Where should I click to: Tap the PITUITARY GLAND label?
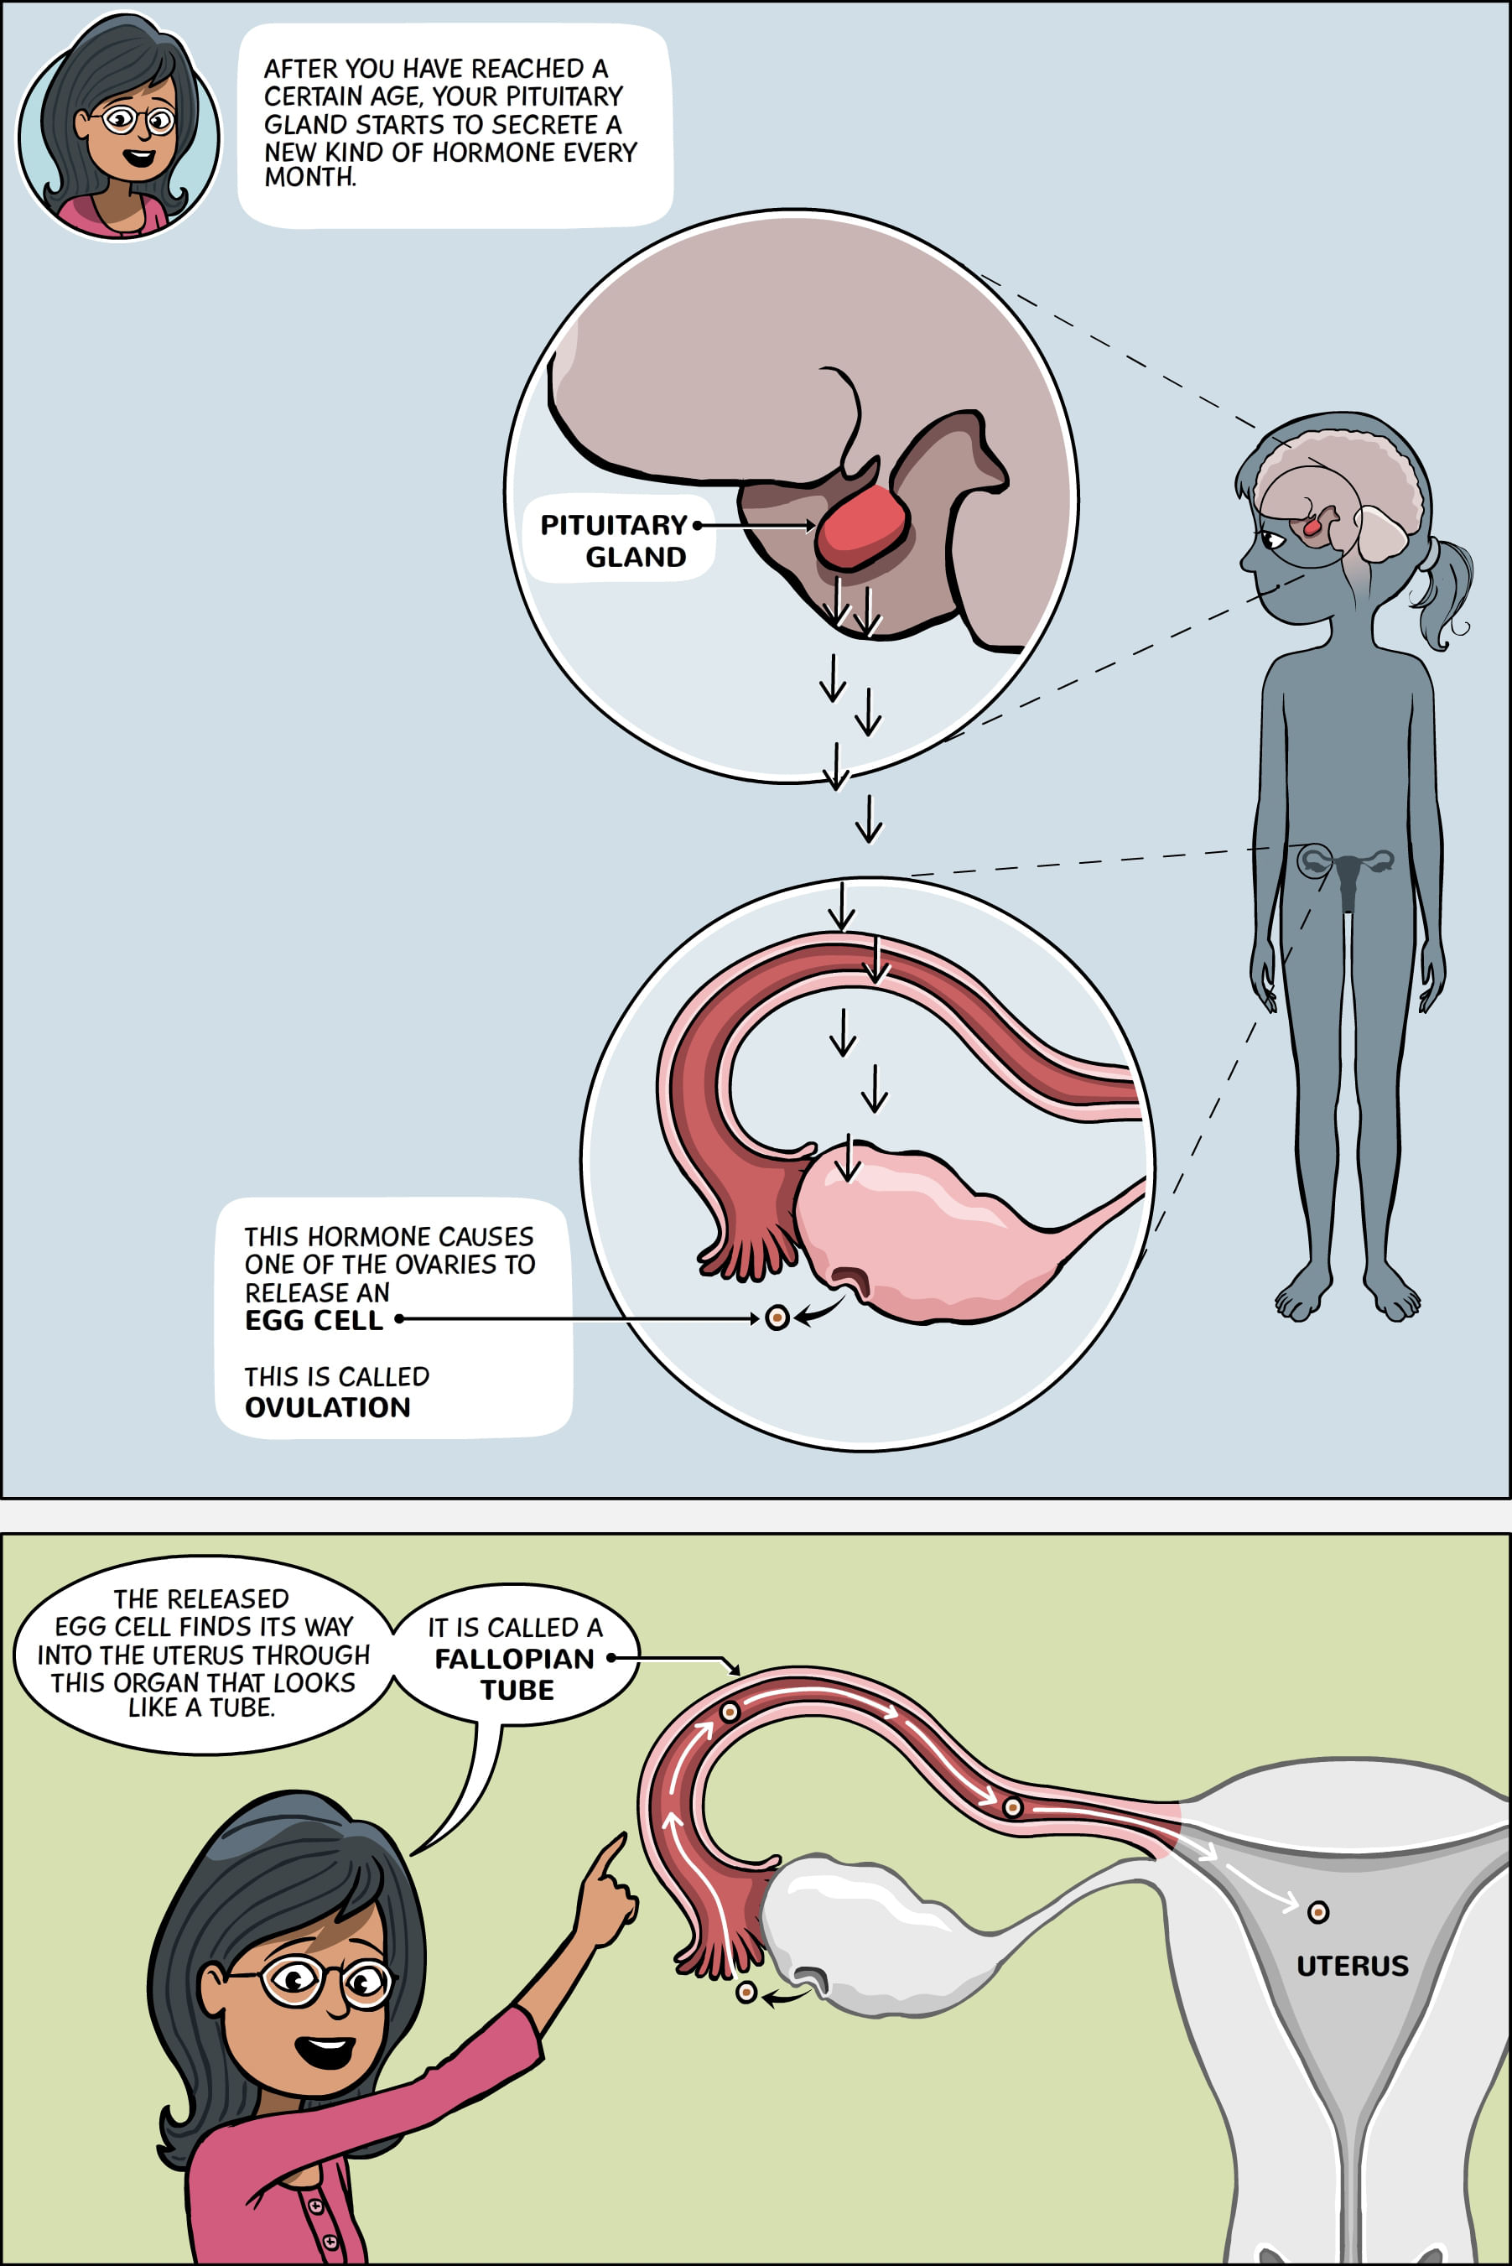point(614,540)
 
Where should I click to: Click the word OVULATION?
point(328,1407)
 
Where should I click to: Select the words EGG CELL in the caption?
point(314,1320)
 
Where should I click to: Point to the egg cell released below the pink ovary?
point(777,1318)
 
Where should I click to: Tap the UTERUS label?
point(1352,1966)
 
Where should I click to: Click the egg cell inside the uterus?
point(1317,1912)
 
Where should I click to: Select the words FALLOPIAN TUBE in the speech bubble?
point(515,1674)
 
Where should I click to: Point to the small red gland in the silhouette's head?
point(1312,528)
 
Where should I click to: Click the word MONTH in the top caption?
point(309,179)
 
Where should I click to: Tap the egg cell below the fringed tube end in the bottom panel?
point(746,1992)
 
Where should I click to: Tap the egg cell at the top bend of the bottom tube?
point(730,1713)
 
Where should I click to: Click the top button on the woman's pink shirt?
point(315,2206)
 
